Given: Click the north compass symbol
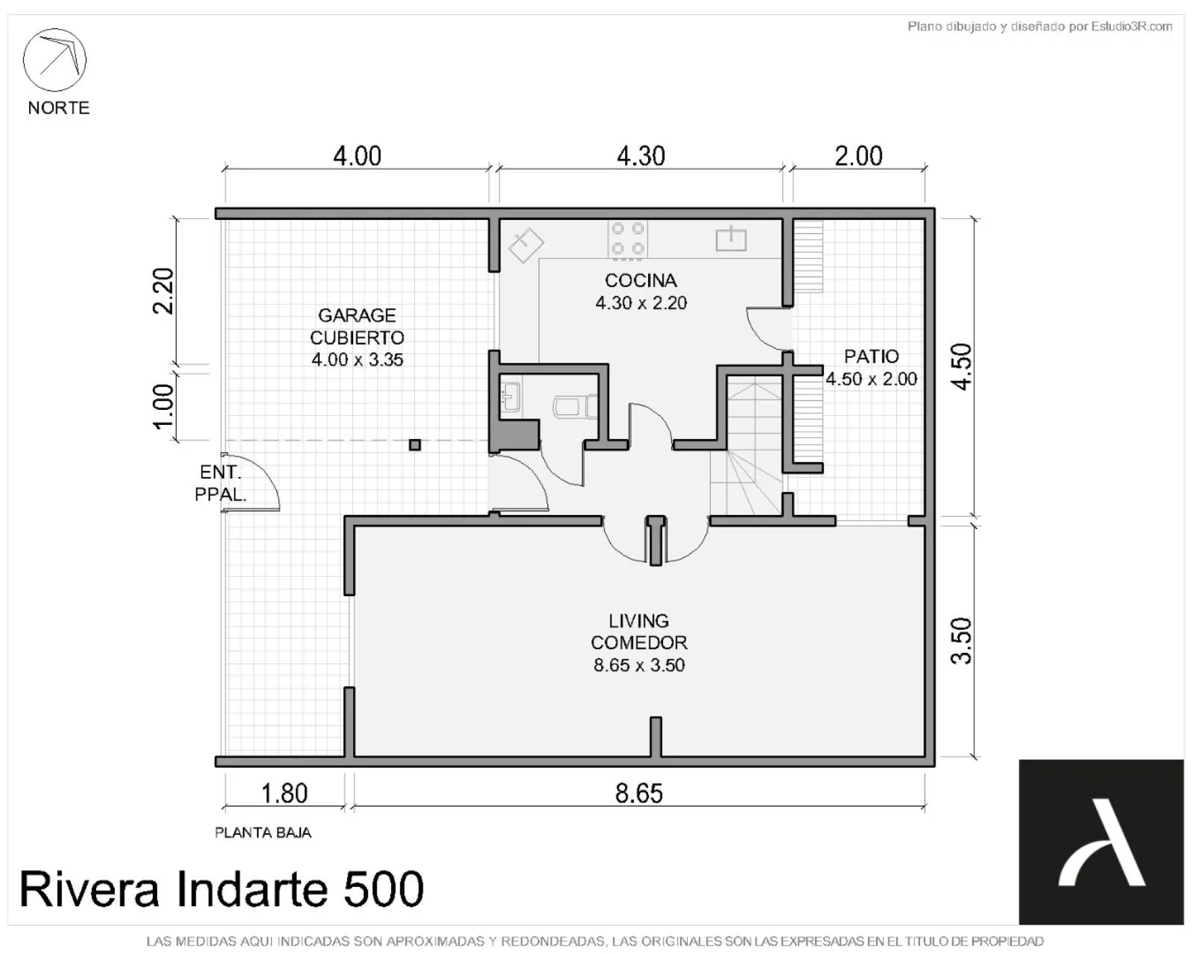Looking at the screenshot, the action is tap(55, 60).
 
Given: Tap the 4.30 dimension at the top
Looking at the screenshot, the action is tap(641, 156).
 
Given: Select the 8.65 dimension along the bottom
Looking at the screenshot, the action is tap(639, 793).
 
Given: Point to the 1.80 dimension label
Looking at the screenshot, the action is tap(284, 793).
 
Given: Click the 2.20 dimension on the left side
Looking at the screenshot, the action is tap(163, 291).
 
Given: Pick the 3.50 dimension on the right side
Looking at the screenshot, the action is tap(961, 640).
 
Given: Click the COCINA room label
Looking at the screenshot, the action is tap(641, 281).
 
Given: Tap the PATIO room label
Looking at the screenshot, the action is tap(871, 357).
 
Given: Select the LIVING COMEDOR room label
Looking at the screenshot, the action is tap(639, 632).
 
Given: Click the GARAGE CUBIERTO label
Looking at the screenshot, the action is tap(357, 327).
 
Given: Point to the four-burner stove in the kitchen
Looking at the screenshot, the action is tap(628, 239).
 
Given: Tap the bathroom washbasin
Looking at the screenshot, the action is tap(510, 397).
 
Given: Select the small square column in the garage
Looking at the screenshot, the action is tap(415, 445).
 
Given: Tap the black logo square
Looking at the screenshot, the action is tap(1101, 842).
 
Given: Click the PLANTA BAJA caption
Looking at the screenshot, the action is tap(263, 833).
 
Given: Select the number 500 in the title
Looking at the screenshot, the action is tap(383, 889).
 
